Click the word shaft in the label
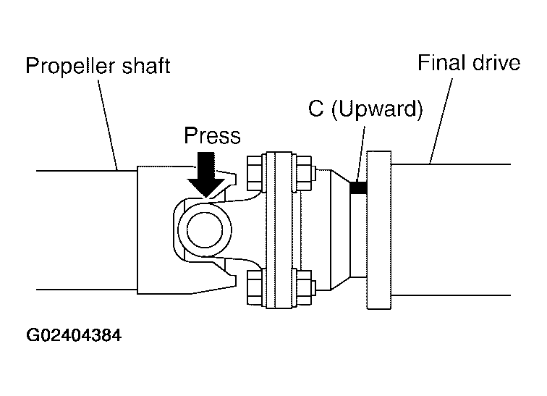click(146, 65)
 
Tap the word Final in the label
click(441, 63)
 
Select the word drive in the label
click(496, 63)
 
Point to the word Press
click(212, 135)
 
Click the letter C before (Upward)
click(316, 108)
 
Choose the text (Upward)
click(377, 109)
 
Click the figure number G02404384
click(74, 335)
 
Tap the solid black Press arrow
click(206, 174)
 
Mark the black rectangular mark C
click(358, 188)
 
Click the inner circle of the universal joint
click(205, 230)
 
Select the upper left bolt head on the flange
click(255, 174)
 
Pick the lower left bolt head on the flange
click(255, 287)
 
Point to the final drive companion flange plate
click(379, 230)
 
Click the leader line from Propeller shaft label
click(108, 125)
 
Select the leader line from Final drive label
click(441, 121)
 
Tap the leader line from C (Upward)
click(361, 153)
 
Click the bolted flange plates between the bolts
click(279, 230)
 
